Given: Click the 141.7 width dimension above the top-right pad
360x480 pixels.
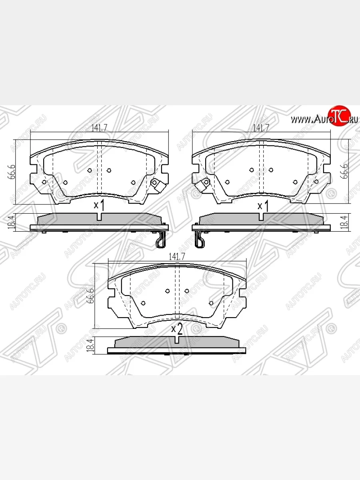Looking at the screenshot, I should click(261, 128).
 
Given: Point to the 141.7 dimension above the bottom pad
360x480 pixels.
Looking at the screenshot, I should click(177, 258).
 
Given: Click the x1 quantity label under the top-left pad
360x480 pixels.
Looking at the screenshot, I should click(99, 206).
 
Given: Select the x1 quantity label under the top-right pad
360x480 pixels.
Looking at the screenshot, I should click(262, 206).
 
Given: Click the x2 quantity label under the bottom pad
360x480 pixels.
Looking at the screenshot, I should click(177, 329).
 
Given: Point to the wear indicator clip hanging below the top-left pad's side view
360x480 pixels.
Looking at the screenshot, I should click(160, 240).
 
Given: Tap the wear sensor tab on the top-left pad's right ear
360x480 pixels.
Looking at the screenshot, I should click(155, 184).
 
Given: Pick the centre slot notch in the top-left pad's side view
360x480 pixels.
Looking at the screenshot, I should click(99, 216).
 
